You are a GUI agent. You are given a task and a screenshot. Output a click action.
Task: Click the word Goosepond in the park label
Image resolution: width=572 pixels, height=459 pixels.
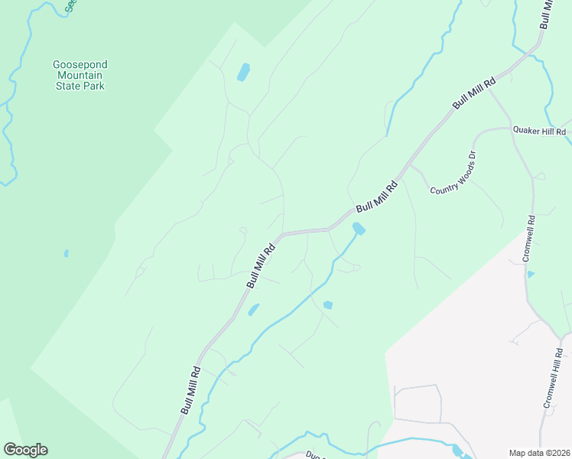79,65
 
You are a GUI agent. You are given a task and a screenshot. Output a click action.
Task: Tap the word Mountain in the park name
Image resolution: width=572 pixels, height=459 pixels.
79,76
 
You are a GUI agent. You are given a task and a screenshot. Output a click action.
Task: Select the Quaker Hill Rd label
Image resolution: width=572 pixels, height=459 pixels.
539,132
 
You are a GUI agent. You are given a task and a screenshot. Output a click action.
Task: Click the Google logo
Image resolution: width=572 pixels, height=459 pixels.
25,450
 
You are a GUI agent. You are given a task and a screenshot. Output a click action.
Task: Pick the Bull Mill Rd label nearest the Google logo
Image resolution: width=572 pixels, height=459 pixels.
190,390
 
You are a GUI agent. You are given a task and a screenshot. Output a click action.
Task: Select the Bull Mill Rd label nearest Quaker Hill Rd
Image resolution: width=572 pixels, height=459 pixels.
474,92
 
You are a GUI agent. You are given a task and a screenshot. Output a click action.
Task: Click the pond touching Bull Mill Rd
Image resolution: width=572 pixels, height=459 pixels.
357,228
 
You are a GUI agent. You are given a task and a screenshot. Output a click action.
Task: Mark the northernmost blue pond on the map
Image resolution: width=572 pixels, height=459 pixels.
243,73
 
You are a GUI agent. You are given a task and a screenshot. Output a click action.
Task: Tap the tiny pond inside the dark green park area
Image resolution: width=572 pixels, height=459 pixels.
67,253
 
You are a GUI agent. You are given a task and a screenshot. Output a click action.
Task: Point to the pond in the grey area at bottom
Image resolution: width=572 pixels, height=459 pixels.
457,450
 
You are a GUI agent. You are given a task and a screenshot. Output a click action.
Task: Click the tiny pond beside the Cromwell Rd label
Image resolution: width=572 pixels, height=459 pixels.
531,273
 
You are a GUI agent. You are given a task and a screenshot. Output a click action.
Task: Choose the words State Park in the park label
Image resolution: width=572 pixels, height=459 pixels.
79,86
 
